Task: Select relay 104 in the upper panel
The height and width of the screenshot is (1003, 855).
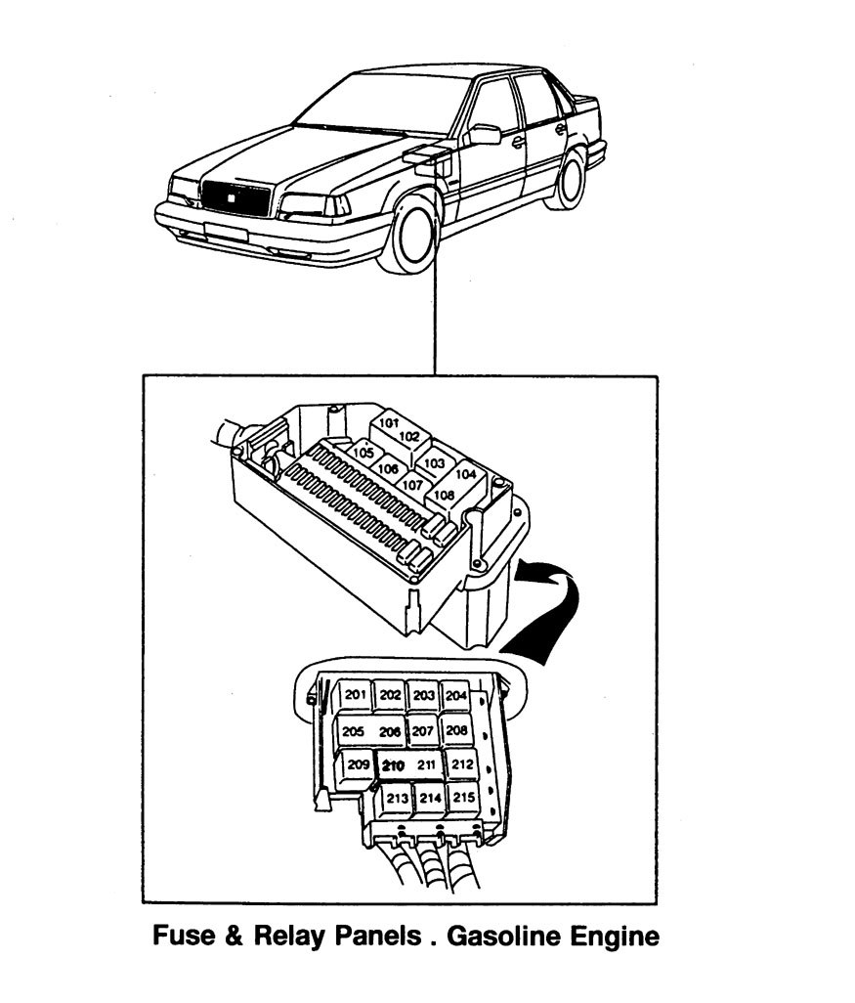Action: [466, 474]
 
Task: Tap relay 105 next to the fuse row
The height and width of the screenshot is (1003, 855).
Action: [363, 453]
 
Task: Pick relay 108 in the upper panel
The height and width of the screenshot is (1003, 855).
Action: [444, 495]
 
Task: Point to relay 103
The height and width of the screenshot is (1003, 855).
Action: [435, 462]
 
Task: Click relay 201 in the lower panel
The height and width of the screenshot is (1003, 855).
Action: [356, 695]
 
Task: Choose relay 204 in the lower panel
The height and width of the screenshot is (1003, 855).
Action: [455, 695]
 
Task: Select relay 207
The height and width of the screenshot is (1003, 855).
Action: [422, 730]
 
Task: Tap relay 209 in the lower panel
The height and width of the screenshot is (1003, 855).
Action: [358, 765]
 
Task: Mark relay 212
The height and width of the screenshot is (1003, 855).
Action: [461, 764]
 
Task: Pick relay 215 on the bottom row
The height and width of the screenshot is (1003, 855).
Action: [463, 798]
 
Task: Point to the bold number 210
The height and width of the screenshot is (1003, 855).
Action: [394, 764]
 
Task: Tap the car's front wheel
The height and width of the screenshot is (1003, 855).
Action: [415, 235]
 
